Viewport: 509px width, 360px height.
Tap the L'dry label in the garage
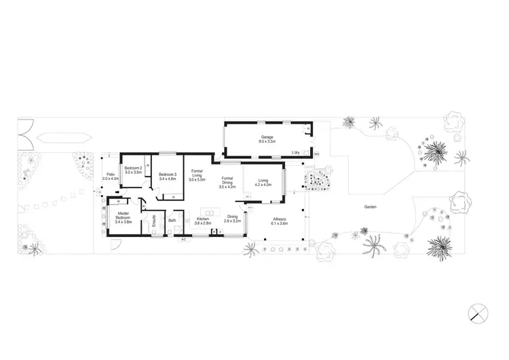click(296, 152)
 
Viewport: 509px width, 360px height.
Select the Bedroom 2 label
click(132, 168)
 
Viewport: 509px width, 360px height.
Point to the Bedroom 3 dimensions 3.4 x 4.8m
click(168, 179)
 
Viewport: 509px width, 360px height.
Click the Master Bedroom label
click(123, 215)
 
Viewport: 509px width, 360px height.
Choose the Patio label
click(110, 174)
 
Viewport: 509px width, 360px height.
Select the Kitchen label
click(203, 219)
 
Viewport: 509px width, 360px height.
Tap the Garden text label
click(370, 206)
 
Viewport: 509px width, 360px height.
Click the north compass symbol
click(478, 312)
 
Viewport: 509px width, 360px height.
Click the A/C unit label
click(183, 239)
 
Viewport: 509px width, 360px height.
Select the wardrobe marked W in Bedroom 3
click(172, 196)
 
